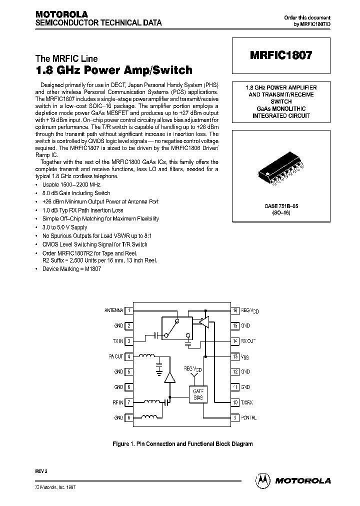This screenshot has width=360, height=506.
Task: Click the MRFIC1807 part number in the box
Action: (x=280, y=56)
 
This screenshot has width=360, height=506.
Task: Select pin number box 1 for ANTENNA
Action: (x=129, y=310)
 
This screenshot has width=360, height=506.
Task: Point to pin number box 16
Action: (x=235, y=310)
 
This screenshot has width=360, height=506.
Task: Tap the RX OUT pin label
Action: (x=248, y=341)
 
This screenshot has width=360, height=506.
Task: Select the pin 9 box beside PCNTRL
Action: (x=235, y=417)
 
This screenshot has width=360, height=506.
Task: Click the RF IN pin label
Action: (x=118, y=402)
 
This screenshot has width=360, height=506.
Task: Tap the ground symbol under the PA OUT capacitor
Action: (x=159, y=371)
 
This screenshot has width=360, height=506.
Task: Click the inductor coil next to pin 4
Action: (x=146, y=356)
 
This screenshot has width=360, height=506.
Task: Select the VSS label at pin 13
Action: (x=245, y=356)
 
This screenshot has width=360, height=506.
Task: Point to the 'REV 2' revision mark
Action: (x=40, y=471)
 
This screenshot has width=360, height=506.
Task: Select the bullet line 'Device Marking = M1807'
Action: (x=70, y=269)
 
